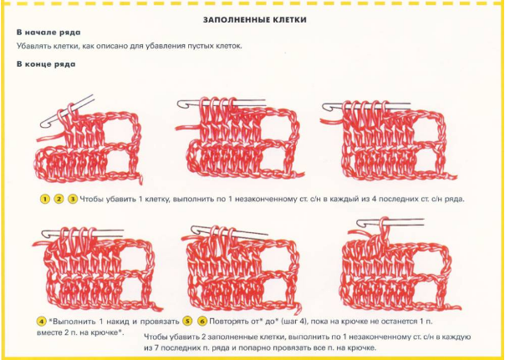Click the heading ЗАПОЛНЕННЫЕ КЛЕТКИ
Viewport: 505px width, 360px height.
[254, 20]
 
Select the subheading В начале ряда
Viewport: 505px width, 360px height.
[48, 33]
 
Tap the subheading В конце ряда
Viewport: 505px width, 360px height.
[46, 64]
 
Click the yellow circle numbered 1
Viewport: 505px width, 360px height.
[45, 200]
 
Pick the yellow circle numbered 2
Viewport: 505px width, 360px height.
[59, 200]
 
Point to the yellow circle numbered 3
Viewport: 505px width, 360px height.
[73, 200]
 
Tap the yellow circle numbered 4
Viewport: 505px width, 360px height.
[42, 321]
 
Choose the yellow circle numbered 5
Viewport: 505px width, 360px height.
[187, 321]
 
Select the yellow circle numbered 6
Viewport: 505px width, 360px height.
[202, 321]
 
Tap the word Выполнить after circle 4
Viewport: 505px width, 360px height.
[74, 321]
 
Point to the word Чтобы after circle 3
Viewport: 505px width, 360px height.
[90, 199]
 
